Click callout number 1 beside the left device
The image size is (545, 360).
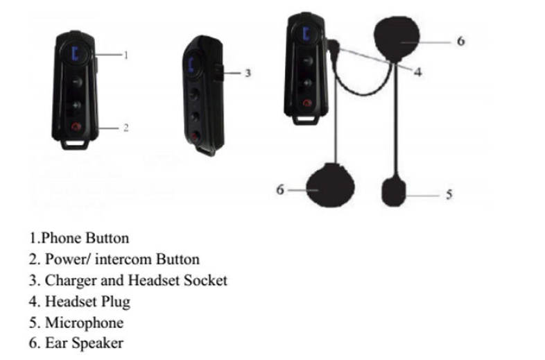click(126, 55)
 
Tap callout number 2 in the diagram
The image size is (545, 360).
click(126, 128)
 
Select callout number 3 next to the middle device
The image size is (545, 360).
click(247, 71)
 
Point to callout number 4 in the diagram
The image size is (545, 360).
click(417, 71)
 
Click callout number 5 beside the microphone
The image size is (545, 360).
click(448, 195)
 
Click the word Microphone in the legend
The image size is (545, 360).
click(84, 323)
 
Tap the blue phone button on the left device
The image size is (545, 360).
click(76, 52)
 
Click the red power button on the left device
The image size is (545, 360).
click(76, 127)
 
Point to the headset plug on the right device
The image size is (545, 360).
click(334, 50)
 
